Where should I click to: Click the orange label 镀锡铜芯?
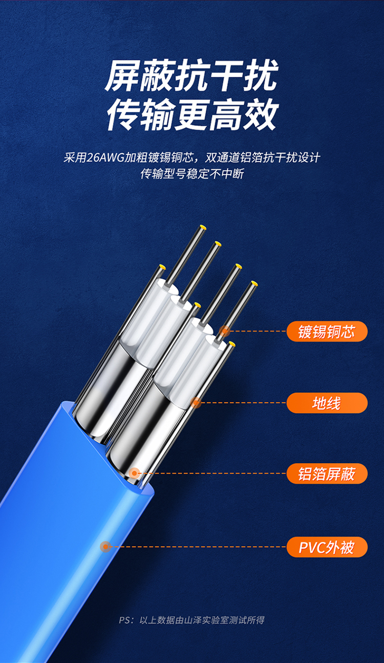(327, 331)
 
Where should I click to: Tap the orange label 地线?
(327, 403)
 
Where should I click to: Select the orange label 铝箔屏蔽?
(327, 473)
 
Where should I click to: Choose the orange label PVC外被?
(327, 547)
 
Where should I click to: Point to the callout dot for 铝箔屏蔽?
(135, 473)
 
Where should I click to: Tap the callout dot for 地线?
(196, 403)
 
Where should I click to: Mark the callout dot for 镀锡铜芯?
(225, 331)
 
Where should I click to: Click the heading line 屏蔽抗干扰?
(191, 75)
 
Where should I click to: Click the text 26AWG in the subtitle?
(105, 157)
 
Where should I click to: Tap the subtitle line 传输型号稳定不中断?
(192, 174)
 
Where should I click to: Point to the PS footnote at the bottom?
(191, 620)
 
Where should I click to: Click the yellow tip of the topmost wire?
(203, 227)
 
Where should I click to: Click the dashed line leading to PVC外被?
(198, 547)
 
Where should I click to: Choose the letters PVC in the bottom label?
(311, 547)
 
